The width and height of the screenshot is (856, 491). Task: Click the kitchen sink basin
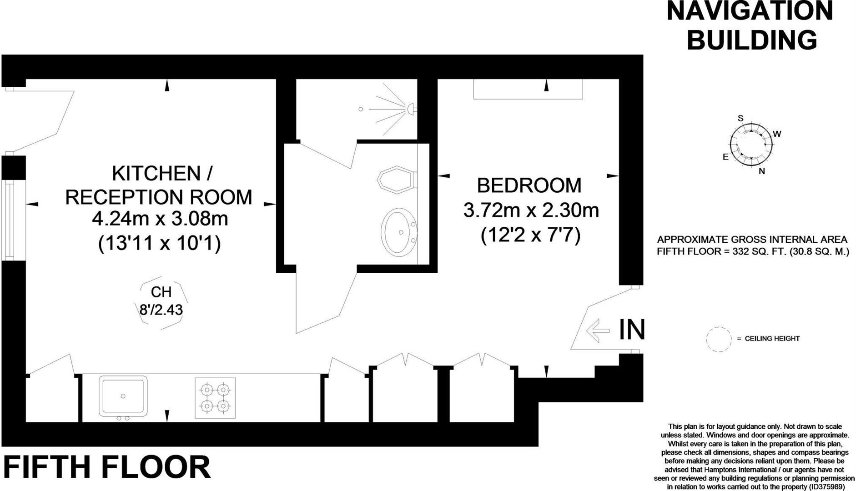(123, 396)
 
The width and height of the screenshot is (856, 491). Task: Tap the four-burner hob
(215, 398)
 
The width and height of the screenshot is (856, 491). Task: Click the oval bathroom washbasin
(399, 232)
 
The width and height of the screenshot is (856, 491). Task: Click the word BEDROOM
(529, 185)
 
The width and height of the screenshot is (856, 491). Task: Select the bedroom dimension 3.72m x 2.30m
(531, 210)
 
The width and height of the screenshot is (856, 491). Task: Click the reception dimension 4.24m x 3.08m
(160, 219)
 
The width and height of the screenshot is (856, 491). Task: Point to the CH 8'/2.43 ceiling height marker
(161, 301)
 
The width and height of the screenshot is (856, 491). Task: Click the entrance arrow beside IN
(598, 330)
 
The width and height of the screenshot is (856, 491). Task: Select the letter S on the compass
(740, 119)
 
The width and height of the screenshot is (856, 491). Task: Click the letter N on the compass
(762, 171)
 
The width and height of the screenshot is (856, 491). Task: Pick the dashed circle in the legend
(718, 339)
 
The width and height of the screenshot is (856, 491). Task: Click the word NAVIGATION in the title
(750, 11)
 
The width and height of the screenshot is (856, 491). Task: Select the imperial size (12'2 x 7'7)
(531, 235)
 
